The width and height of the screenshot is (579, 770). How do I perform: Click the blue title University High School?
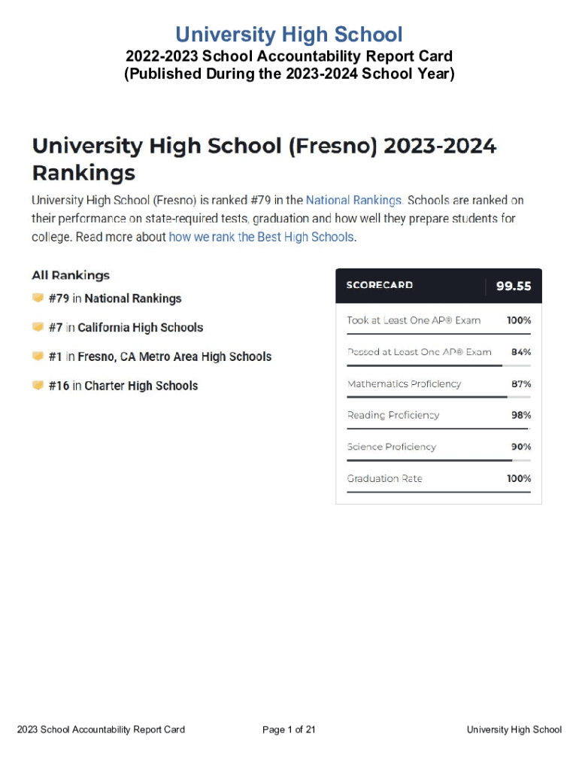click(289, 35)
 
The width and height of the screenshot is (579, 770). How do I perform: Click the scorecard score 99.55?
click(514, 286)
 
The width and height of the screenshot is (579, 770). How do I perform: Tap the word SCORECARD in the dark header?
click(379, 286)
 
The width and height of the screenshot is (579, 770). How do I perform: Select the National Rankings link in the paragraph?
click(354, 200)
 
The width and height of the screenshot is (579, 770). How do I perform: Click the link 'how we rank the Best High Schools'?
click(261, 236)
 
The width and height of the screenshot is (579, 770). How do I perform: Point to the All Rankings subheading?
click(71, 275)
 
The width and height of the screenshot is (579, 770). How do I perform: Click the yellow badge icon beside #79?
click(38, 298)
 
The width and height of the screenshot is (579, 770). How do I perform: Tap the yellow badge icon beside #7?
click(38, 327)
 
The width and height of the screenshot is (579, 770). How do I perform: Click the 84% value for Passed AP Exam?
click(521, 352)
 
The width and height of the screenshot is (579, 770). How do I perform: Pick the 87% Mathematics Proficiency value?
click(521, 383)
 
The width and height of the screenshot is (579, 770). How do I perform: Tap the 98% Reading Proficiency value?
click(521, 415)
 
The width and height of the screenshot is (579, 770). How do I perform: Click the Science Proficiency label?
click(391, 447)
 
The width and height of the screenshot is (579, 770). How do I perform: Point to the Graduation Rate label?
click(384, 478)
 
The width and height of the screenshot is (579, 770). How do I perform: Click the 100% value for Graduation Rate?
click(519, 478)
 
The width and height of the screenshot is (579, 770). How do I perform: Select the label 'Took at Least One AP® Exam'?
click(414, 320)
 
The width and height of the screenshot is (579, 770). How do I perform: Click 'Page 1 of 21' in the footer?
click(289, 729)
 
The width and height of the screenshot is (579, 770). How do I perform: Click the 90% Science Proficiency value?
click(521, 447)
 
